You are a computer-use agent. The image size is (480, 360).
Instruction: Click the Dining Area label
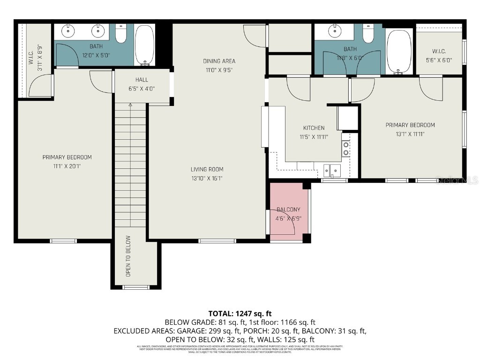(x=219, y=61)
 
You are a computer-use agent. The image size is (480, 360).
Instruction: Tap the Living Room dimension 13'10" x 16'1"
(x=207, y=178)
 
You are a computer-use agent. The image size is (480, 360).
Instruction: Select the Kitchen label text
(x=314, y=128)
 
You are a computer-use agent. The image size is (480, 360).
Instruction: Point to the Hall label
(x=142, y=80)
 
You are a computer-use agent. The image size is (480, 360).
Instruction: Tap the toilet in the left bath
(x=121, y=34)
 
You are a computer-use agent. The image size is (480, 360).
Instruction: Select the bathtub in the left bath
(x=144, y=45)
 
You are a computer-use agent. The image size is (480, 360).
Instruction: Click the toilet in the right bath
(x=368, y=34)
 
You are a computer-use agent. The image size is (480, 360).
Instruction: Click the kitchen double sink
(x=332, y=169)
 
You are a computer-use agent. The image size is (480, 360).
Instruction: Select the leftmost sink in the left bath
(x=68, y=31)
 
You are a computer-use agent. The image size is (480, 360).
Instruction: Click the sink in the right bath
(x=335, y=31)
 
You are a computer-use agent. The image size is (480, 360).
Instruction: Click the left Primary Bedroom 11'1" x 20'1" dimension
(x=67, y=166)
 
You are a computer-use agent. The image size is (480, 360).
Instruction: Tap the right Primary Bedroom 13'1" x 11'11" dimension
(x=410, y=134)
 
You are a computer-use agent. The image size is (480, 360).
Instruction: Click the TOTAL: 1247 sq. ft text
(x=240, y=313)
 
